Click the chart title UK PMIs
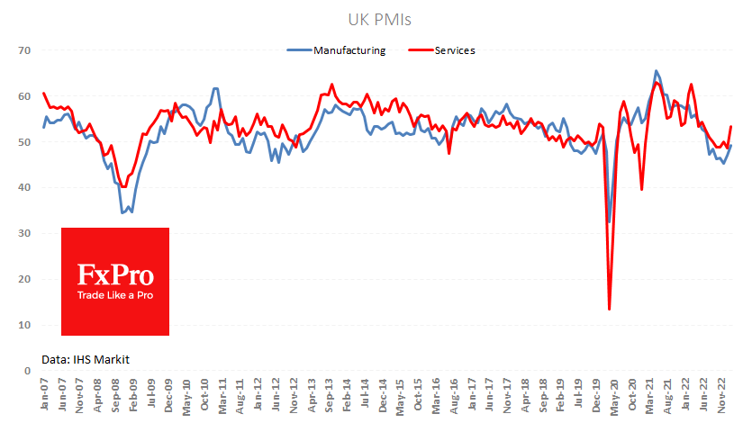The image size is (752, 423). tap(376, 19)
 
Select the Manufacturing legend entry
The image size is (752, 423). tap(349, 50)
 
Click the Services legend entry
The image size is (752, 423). tap(455, 50)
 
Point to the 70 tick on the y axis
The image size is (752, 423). tap(24, 50)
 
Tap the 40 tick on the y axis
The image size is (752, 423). tap(24, 188)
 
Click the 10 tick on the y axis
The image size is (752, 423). tap(24, 325)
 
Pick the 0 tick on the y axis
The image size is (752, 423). tap(27, 371)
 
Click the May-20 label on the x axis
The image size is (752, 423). tap(612, 393)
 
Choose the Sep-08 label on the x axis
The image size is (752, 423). tap(115, 393)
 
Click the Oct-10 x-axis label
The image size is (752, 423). tap(204, 393)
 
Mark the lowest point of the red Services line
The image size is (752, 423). tap(609, 309)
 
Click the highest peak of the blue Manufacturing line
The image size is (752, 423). tap(657, 71)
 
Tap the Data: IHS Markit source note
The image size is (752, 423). tap(86, 359)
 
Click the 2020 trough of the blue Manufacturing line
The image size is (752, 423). tap(610, 221)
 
